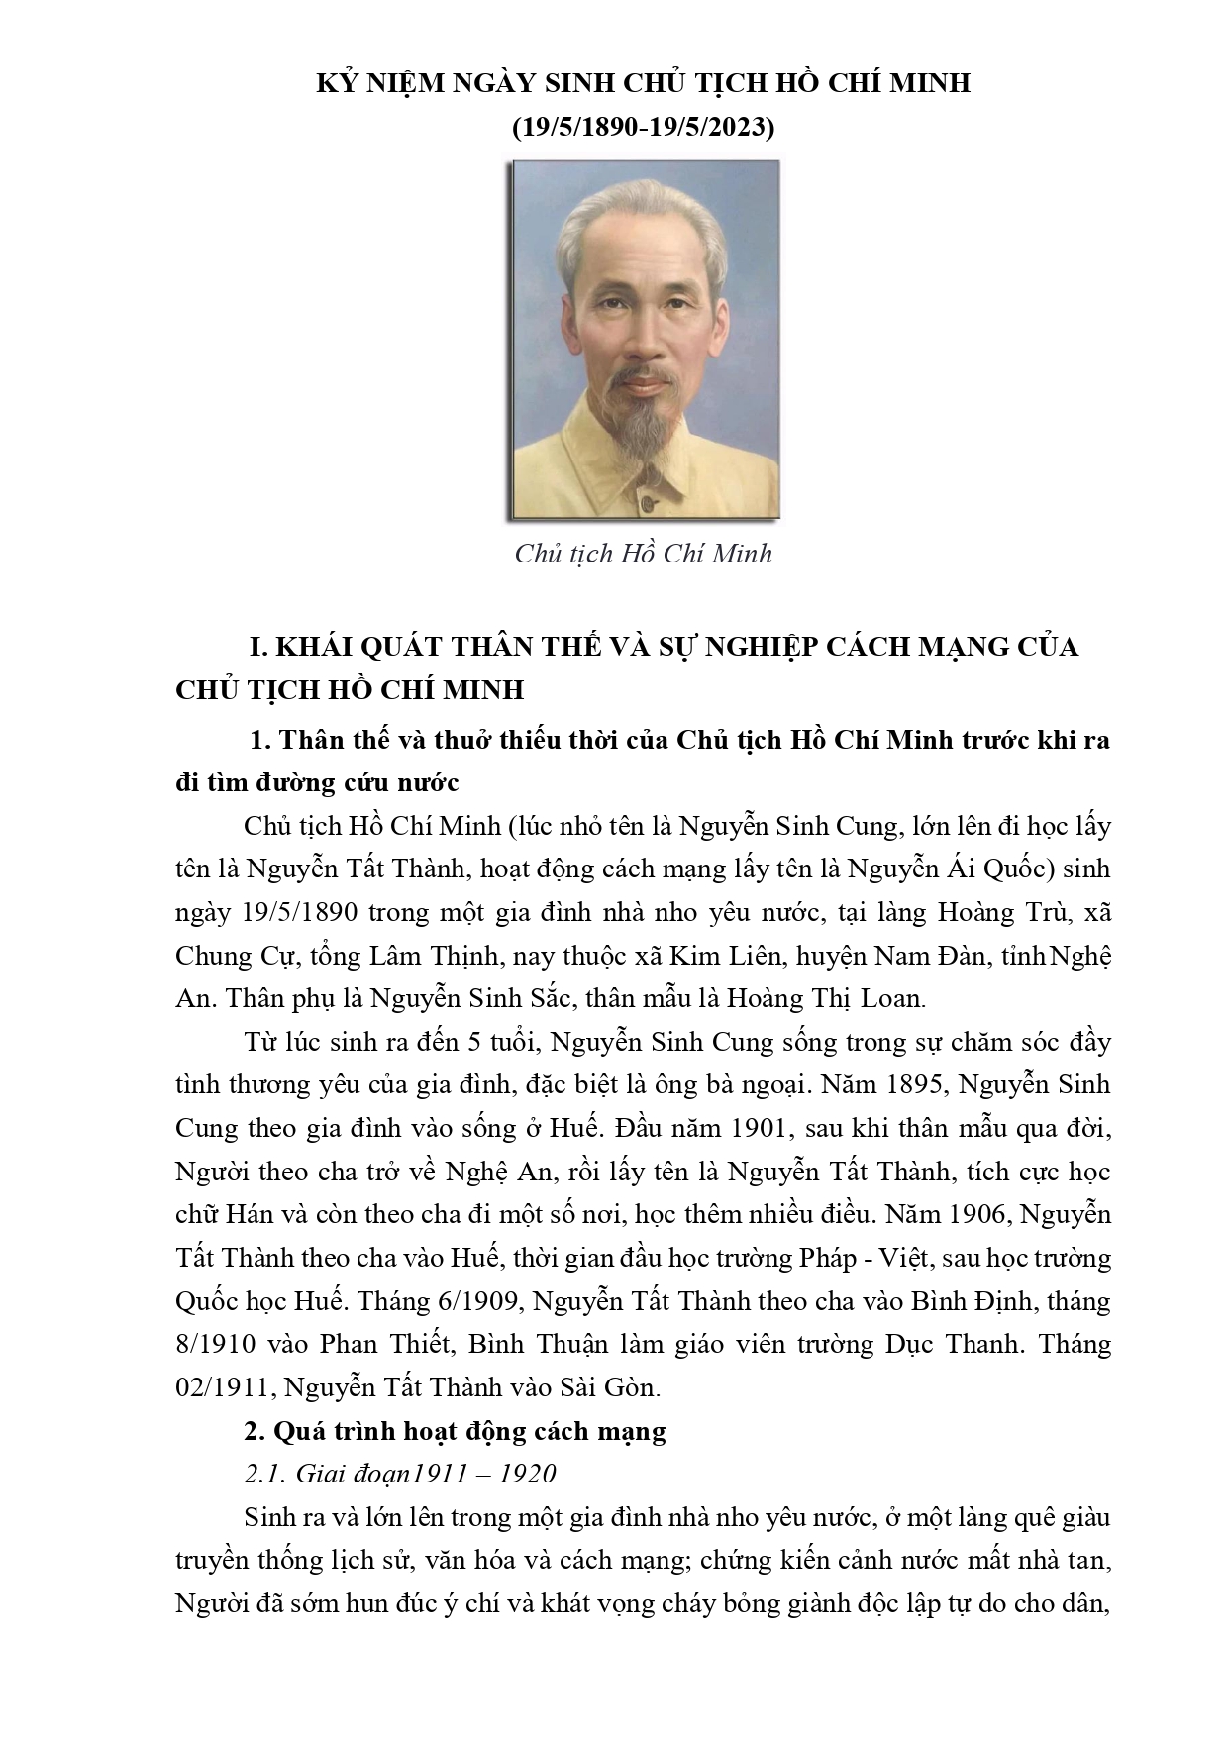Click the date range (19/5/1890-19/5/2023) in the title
click(643, 128)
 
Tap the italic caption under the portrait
click(643, 553)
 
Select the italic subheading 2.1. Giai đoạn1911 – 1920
click(399, 1474)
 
